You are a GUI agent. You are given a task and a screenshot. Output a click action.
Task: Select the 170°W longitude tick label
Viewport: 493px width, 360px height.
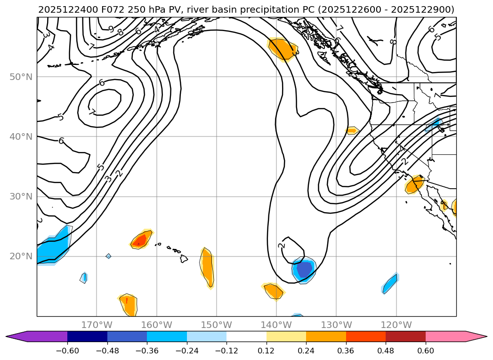pos(97,325)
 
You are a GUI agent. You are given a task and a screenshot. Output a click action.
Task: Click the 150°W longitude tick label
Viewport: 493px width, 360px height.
pos(217,325)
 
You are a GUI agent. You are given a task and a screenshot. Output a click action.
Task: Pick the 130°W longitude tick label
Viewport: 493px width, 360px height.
pos(336,325)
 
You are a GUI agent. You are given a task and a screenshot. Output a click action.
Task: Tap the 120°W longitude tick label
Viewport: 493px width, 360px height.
pos(396,325)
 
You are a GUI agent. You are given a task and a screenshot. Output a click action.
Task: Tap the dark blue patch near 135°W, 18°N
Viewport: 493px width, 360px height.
pos(304,269)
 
